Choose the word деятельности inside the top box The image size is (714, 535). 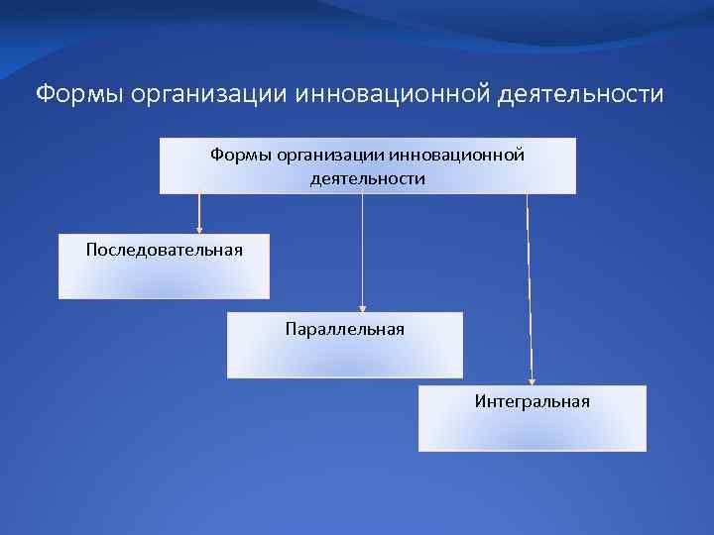(x=367, y=179)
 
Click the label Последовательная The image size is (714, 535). (x=164, y=249)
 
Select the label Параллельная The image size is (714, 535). (x=344, y=328)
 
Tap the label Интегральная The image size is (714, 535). (x=532, y=401)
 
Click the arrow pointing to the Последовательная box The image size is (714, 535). (x=199, y=212)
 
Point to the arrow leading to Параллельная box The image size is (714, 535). (x=363, y=253)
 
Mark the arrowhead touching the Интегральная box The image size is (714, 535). (x=532, y=380)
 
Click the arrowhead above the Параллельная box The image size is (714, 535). (x=363, y=308)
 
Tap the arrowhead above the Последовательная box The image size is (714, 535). (x=199, y=230)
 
